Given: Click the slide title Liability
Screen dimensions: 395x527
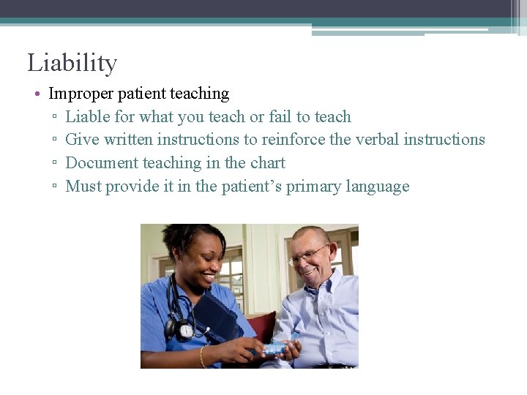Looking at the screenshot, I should pyautogui.click(x=72, y=63).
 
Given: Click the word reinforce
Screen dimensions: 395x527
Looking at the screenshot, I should pyautogui.click(x=294, y=140).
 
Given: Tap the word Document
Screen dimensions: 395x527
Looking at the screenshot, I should pyautogui.click(x=102, y=163).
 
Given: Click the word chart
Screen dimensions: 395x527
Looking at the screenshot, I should pyautogui.click(x=268, y=163).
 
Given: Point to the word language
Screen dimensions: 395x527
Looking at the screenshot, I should pyautogui.click(x=376, y=187).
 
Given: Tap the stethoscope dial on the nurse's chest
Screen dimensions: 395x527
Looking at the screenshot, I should pyautogui.click(x=186, y=330).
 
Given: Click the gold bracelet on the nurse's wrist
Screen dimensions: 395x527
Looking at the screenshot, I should pyautogui.click(x=203, y=357).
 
